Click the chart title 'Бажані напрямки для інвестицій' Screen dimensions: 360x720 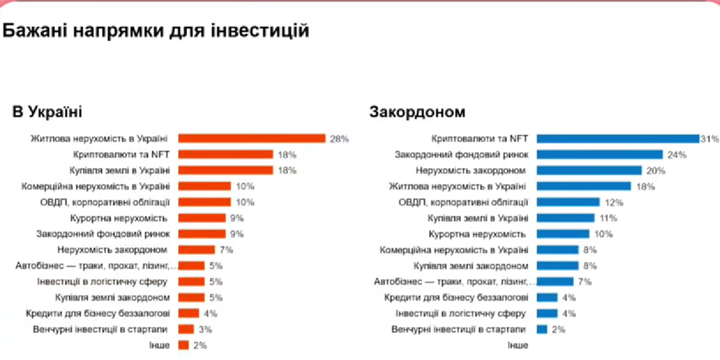[156, 31]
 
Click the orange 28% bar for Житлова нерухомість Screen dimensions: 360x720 [251, 138]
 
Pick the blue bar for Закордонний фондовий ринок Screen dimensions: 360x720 [599, 155]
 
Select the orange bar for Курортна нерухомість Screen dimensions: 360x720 [202, 218]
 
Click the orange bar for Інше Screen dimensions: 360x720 [184, 345]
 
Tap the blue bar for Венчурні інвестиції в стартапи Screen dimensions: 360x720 [542, 330]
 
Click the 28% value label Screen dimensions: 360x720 [340, 139]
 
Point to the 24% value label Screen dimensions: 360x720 [677, 155]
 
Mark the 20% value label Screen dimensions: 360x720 [656, 171]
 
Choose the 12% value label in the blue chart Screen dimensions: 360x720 [613, 203]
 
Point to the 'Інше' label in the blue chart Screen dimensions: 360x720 [517, 345]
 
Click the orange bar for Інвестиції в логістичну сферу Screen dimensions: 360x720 [191, 282]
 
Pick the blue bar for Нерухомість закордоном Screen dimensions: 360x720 [589, 171]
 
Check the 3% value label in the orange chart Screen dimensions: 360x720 [205, 330]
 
